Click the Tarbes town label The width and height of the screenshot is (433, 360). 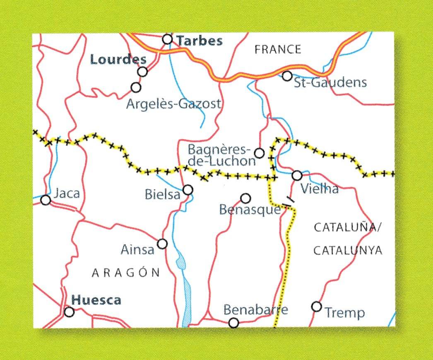pos(200,41)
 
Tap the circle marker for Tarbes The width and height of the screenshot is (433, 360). pos(167,39)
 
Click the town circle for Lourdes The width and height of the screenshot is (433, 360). pos(142,72)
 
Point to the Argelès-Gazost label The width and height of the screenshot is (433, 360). pos(173,104)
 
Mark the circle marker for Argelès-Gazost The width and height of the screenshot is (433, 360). pos(135,87)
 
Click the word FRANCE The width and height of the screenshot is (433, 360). pos(278,50)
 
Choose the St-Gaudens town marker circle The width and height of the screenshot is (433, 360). pos(287,76)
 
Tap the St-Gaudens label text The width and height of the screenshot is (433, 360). pos(330,82)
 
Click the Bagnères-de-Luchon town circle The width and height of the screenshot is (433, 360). pos(259,153)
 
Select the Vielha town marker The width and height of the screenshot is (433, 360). pos(297,175)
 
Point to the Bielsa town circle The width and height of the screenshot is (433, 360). pos(188,190)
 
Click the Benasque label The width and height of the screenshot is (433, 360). pos(250,210)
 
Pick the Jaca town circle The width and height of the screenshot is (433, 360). pos(46,200)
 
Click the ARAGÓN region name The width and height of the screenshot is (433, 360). pos(125,272)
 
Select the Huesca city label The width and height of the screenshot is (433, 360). pos(96,300)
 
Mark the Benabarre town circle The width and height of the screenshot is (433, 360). pos(234,323)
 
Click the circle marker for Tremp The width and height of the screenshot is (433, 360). pos(317,307)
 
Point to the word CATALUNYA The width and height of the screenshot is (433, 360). pos(347,251)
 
